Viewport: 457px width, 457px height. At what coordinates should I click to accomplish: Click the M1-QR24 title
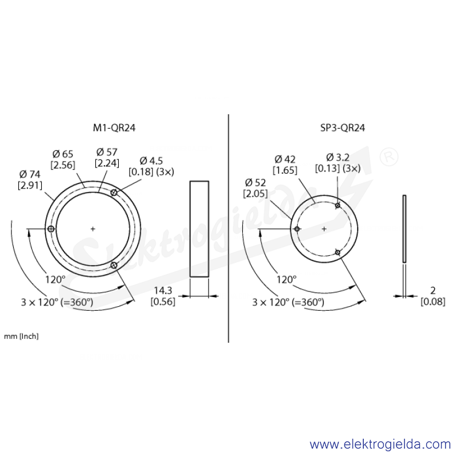click(x=114, y=127)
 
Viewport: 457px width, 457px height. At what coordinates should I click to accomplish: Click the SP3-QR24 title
click(x=342, y=127)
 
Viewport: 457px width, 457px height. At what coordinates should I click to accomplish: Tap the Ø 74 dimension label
click(x=30, y=174)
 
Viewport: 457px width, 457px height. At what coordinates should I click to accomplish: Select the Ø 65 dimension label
click(x=63, y=154)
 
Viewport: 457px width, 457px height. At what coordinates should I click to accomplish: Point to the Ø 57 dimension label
click(x=107, y=152)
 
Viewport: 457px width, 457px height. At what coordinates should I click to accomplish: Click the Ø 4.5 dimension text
click(x=151, y=161)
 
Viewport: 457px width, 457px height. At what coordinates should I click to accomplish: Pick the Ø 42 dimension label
click(x=285, y=159)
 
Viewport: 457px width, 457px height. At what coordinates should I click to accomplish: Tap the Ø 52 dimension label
click(x=255, y=183)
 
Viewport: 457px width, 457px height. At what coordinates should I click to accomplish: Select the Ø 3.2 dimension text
click(x=338, y=158)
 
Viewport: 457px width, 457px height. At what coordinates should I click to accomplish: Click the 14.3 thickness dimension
click(x=163, y=290)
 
